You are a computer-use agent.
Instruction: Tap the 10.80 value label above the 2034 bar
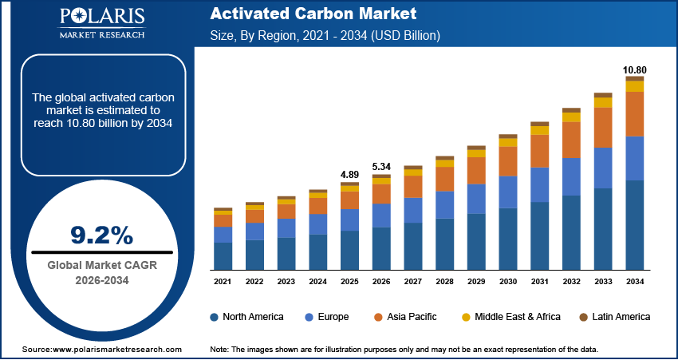(634, 69)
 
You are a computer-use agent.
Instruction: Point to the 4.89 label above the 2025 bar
(349, 174)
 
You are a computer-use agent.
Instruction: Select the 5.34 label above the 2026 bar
(381, 166)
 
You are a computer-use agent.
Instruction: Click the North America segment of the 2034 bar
(634, 224)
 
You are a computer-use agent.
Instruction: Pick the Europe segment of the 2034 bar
(634, 158)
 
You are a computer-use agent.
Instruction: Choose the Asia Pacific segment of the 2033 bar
(603, 128)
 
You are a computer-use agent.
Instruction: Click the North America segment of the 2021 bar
(223, 255)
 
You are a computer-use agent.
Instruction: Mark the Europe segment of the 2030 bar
(508, 192)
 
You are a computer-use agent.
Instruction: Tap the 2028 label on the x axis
(444, 282)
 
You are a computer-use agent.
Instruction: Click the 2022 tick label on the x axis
(254, 282)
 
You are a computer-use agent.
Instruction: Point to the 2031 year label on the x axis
(539, 282)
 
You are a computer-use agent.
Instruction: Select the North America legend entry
(246, 317)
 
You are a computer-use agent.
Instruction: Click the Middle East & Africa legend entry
(511, 317)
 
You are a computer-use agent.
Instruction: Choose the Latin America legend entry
(613, 317)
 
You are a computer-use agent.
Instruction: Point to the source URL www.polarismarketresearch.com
(117, 350)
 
